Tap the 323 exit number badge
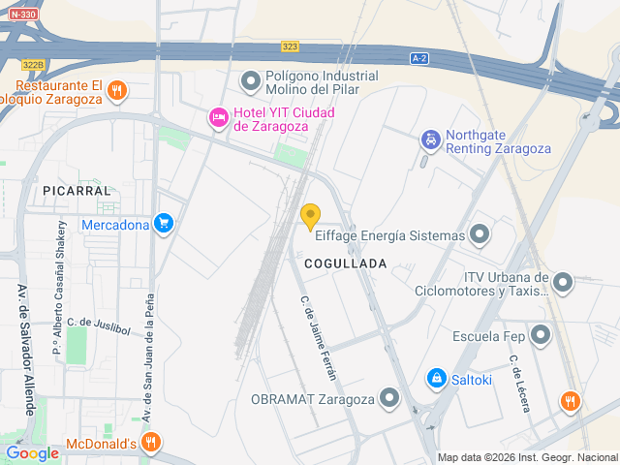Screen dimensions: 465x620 tap(290, 46)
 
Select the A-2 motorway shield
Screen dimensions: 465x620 tap(418, 58)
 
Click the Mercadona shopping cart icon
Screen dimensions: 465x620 tap(164, 225)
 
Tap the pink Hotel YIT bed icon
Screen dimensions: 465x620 tap(219, 118)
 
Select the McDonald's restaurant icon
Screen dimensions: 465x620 tap(150, 445)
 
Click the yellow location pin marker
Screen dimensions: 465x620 tap(310, 217)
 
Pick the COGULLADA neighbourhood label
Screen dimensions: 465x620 tap(345, 263)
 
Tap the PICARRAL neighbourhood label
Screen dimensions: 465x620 tap(77, 192)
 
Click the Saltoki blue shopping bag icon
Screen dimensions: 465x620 tap(436, 377)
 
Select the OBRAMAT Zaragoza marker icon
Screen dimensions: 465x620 tap(389, 397)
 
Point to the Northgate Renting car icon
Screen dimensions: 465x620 tap(429, 140)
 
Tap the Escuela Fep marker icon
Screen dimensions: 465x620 tap(541, 336)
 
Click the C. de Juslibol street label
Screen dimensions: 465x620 tap(98, 325)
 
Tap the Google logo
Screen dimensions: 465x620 tap(32, 452)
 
